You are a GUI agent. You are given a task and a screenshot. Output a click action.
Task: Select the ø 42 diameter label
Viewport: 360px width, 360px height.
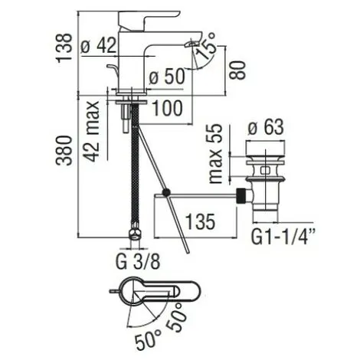120,45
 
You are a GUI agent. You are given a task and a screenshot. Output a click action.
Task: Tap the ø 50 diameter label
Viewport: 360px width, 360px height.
163,77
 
